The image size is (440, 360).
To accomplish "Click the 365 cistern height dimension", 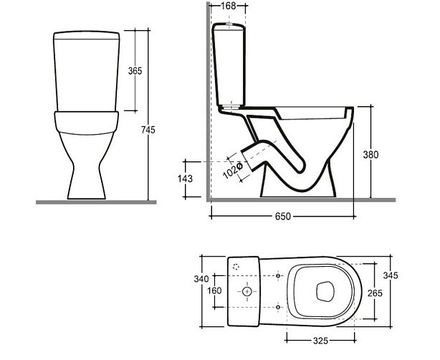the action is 135,71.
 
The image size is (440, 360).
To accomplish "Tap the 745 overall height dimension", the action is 148,130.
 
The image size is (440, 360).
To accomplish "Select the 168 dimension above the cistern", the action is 229,6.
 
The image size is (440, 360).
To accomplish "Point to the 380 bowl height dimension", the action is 370,154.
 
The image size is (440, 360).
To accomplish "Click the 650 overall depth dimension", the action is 283,217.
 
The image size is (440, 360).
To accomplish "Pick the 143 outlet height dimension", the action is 185,179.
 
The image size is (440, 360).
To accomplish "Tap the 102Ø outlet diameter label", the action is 233,171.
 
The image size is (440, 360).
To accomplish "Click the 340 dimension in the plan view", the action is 201,279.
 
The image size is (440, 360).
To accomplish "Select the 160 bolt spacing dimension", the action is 214,290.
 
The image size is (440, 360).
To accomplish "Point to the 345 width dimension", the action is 391,275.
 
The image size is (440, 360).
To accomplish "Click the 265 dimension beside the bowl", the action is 375,293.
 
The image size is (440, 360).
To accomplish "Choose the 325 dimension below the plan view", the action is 320,341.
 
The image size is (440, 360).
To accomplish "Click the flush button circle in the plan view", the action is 247,292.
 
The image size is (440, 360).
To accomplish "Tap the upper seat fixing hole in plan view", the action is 278,276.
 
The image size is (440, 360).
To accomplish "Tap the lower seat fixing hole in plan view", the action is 278,307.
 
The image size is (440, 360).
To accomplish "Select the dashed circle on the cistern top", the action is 236,267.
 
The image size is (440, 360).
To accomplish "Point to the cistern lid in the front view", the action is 87,35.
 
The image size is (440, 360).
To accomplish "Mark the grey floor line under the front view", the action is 96,202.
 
